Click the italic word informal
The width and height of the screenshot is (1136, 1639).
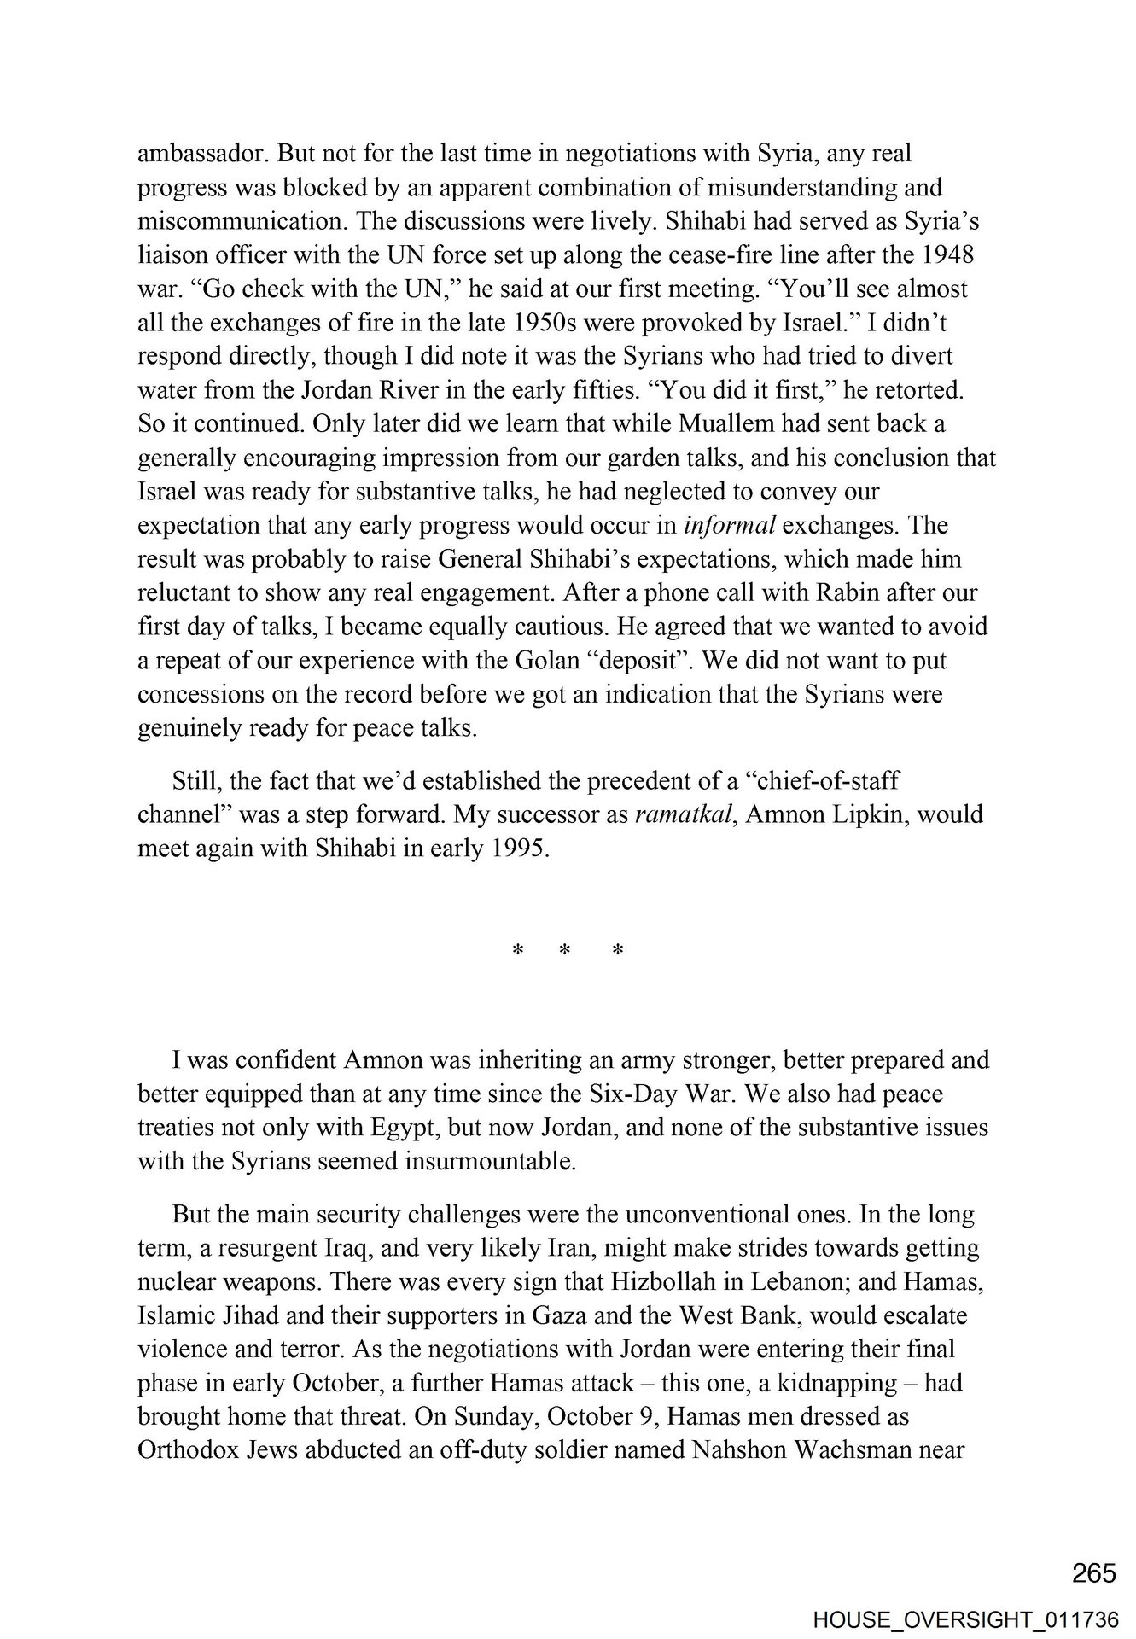coord(730,525)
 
